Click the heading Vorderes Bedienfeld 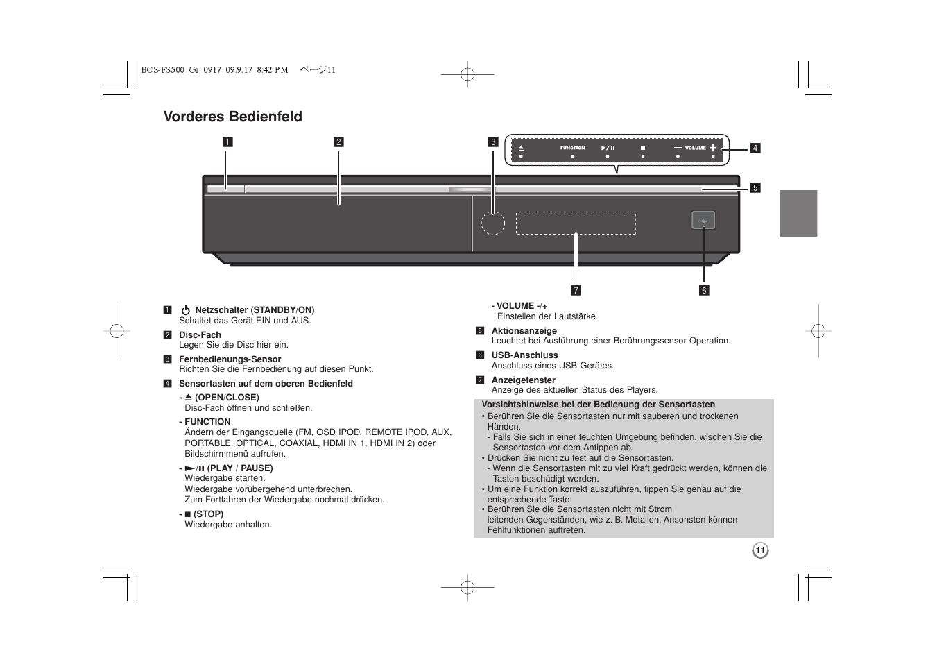(x=232, y=117)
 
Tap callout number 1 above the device (x=227, y=142)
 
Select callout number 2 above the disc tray (x=338, y=142)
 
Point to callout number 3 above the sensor (x=493, y=142)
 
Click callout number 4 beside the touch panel (x=755, y=148)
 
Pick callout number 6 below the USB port (x=704, y=290)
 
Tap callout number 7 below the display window (x=576, y=290)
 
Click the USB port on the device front (x=703, y=220)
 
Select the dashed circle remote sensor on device (x=493, y=222)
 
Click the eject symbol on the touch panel (x=520, y=148)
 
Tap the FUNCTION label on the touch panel (x=573, y=148)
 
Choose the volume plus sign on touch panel (x=713, y=148)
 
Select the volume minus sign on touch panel (x=678, y=148)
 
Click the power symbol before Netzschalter (x=186, y=310)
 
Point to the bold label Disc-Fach (x=200, y=335)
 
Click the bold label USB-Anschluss (x=524, y=355)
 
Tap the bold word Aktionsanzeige (x=524, y=331)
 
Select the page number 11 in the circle (x=760, y=550)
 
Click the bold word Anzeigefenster (x=523, y=380)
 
